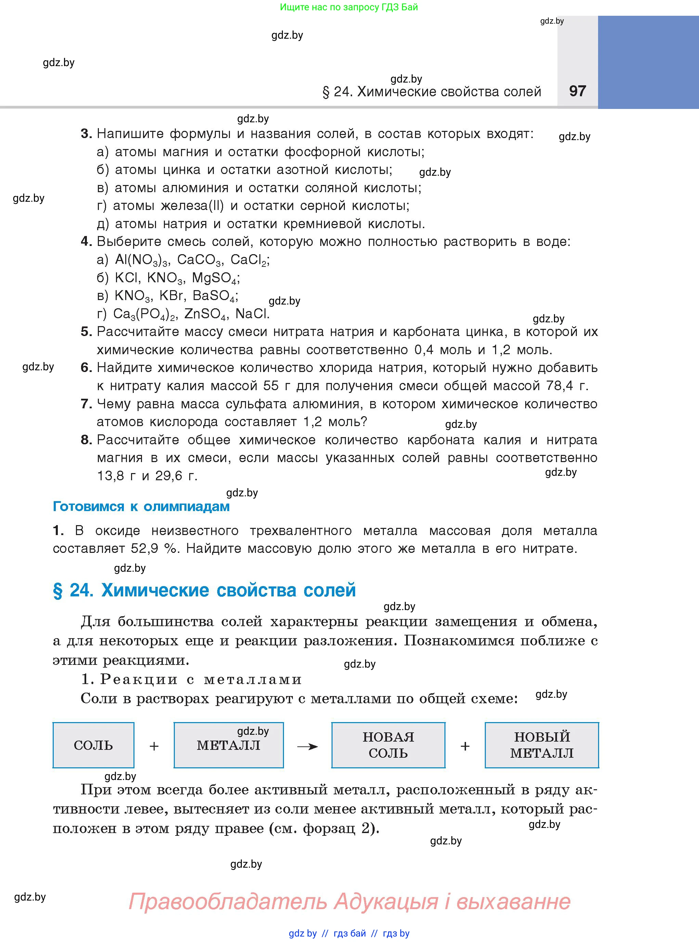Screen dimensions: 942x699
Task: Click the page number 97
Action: (578, 91)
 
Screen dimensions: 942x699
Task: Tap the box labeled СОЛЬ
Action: (93, 745)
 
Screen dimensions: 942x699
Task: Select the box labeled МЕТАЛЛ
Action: (229, 745)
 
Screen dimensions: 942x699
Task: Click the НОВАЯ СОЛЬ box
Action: (388, 745)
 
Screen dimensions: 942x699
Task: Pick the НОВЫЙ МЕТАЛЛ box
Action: (542, 745)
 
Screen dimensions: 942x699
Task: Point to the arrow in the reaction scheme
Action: (308, 746)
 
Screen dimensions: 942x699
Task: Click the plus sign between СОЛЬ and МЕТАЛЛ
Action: (154, 746)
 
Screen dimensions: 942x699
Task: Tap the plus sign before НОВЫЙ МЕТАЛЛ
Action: (465, 746)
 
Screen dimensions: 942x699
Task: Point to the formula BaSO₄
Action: (215, 296)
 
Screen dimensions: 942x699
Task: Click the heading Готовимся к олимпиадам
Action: (141, 506)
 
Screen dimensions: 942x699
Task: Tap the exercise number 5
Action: (86, 332)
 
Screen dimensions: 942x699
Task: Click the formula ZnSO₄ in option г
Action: (206, 314)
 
